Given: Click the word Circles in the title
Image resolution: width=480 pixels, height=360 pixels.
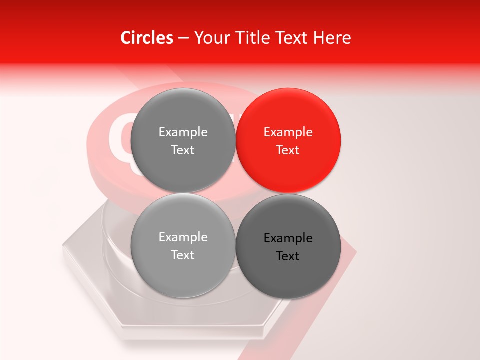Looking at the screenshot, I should pos(147,38).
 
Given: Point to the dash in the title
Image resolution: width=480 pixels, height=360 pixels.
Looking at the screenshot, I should pos(183,38).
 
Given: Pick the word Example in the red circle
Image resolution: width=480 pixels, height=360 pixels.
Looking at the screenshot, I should pos(288,132).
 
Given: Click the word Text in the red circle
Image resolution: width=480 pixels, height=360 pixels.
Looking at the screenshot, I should pos(288,150).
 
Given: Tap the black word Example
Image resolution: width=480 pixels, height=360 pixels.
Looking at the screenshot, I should pos(288,238).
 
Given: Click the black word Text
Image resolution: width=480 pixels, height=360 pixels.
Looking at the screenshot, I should pos(288,256).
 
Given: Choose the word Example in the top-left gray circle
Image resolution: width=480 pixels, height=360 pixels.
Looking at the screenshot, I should pos(183,132).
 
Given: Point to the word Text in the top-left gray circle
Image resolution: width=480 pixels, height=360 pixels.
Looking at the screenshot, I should pos(183,150).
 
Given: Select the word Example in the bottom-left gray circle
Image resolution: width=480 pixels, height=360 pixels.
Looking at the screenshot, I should pos(183,237).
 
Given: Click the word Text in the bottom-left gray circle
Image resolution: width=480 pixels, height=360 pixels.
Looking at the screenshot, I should pos(183,255).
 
